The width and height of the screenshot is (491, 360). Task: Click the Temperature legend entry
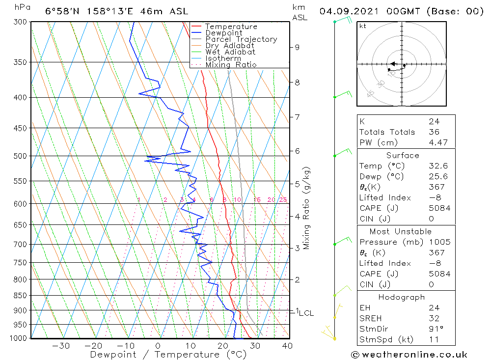[x=231, y=27]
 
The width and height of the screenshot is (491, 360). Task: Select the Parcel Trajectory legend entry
[x=241, y=39]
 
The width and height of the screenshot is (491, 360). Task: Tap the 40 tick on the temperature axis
[x=287, y=346]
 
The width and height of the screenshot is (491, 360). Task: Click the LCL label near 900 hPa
[x=306, y=313]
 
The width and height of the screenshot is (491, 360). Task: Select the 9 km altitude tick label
[x=297, y=47]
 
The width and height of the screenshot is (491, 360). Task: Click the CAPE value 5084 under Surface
[x=439, y=208]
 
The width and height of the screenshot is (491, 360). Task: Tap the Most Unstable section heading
[x=401, y=231]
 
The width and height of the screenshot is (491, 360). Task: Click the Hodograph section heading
[x=401, y=297]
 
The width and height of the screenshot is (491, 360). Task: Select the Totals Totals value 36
[x=434, y=132]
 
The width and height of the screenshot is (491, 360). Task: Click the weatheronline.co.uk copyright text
[x=409, y=355]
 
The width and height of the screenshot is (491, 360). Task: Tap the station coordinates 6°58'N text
[x=60, y=11]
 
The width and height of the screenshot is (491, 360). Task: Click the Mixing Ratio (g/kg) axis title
[x=307, y=208]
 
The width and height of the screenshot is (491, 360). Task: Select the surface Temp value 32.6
[x=438, y=166]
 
